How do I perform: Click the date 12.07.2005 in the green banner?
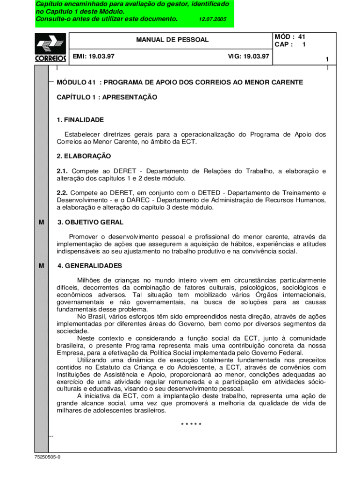(212, 20)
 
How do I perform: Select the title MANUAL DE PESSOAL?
(172, 40)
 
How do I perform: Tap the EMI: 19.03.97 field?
(94, 56)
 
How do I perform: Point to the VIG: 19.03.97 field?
(248, 56)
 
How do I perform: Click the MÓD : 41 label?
(290, 36)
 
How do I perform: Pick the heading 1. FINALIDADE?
(80, 120)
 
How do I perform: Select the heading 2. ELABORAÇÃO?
(84, 156)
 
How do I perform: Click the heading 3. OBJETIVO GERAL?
(90, 222)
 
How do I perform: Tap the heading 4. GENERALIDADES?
(89, 266)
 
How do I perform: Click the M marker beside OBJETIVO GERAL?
(41, 222)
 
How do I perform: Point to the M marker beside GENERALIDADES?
(41, 266)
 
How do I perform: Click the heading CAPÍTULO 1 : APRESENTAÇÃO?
(107, 97)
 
